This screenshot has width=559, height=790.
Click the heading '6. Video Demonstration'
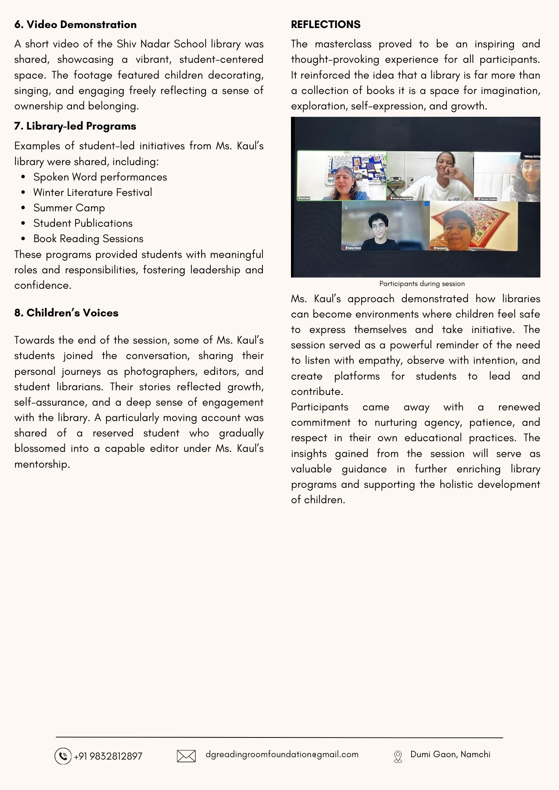pos(76,24)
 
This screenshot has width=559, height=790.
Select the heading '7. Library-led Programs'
pos(75,126)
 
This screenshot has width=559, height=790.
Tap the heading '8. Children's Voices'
pos(66,313)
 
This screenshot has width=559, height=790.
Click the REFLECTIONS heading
pos(325,24)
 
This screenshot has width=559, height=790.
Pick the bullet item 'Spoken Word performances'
pos(100,177)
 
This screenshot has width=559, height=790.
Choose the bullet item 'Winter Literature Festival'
pos(93,192)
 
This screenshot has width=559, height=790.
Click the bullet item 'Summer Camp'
pos(69,208)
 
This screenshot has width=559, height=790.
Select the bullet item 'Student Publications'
pos(83,223)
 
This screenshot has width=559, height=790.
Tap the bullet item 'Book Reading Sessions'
pos(88,239)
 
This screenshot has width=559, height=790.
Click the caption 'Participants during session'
pos(422,284)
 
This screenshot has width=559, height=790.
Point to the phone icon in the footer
pos(62,756)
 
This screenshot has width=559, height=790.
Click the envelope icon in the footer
pos(186,756)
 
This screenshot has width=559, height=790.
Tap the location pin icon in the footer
pos(398,756)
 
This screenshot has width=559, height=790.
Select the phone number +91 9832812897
pos(108,756)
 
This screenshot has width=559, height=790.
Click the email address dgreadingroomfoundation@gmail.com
pos(282,754)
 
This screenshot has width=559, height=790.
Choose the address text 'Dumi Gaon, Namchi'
pos(450,754)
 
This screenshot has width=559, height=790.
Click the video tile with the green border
pos(342,176)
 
